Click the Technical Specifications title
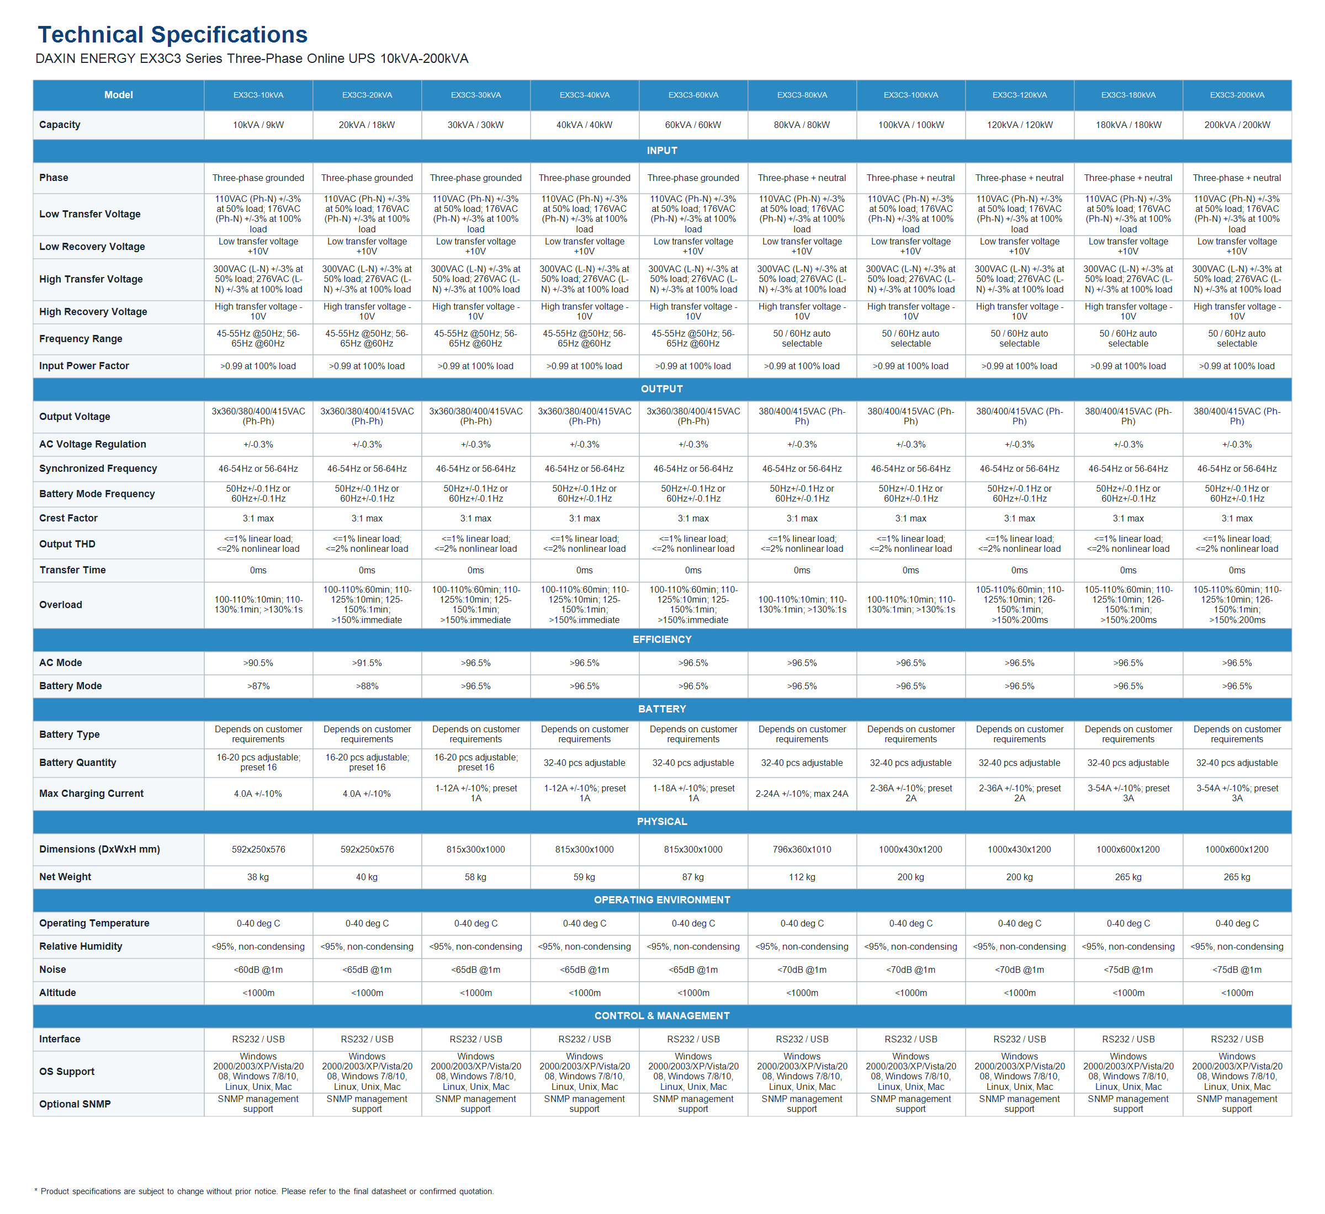point(172,34)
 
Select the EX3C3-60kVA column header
point(693,95)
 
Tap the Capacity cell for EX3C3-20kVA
point(367,125)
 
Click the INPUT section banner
point(662,151)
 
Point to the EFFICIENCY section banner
point(662,639)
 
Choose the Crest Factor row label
point(68,518)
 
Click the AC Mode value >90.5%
point(258,663)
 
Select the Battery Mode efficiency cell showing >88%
point(367,686)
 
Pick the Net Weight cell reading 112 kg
point(802,877)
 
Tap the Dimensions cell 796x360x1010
point(802,849)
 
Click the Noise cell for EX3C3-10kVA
point(258,970)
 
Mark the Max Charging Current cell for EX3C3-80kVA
point(802,794)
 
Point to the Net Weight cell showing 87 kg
point(693,877)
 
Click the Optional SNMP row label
point(75,1104)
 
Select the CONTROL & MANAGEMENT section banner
point(662,1015)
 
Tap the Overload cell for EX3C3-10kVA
point(258,604)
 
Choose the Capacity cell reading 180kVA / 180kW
point(1128,125)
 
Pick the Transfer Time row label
point(72,569)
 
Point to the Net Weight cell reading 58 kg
point(475,877)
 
